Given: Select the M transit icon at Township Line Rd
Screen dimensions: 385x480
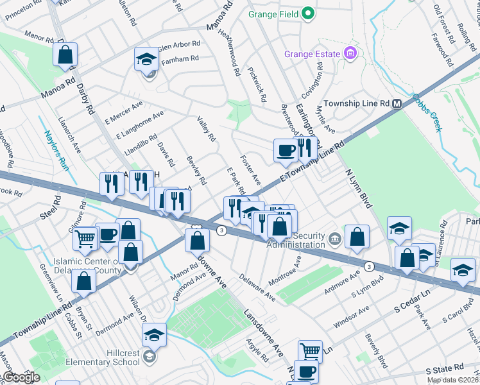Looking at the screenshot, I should point(397,103).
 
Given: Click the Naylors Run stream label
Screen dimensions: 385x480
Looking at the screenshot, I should point(56,149).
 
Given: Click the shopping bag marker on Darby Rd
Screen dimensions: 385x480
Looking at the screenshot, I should point(65,56).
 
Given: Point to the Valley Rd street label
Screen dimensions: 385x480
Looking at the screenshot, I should point(206,129).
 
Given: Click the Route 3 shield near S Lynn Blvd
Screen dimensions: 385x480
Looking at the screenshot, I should point(369,266).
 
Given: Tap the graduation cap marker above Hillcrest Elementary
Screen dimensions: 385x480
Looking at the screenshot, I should point(154,334).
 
